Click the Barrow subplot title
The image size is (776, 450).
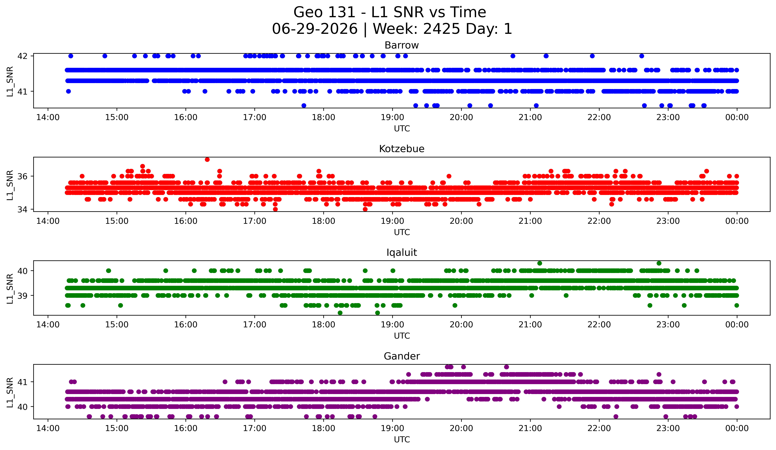click(402, 45)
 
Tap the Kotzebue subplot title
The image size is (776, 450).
click(402, 149)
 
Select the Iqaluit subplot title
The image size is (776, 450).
click(402, 253)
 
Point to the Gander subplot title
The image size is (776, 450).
click(402, 356)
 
